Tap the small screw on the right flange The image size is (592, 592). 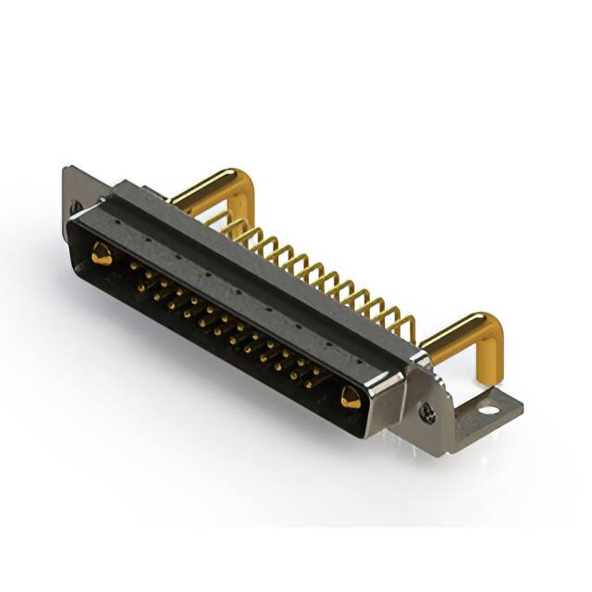(x=427, y=413)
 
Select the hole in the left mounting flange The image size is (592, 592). (x=74, y=206)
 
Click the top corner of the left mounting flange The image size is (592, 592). (x=67, y=169)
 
